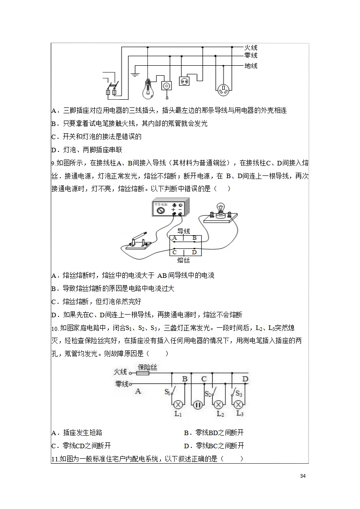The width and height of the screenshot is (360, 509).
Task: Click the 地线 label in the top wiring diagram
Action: click(x=251, y=66)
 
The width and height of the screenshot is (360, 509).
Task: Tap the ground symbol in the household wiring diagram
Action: click(x=135, y=74)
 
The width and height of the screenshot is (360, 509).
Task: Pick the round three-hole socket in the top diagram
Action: click(x=222, y=89)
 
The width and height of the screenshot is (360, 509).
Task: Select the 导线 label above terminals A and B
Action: click(x=183, y=231)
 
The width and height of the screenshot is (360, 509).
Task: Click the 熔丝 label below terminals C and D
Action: click(x=183, y=260)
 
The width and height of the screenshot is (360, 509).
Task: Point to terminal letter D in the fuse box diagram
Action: click(x=194, y=252)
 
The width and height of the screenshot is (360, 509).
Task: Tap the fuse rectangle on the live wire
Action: click(x=143, y=373)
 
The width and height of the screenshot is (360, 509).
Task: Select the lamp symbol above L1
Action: click(x=178, y=404)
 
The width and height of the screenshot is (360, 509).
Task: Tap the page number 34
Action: click(x=303, y=476)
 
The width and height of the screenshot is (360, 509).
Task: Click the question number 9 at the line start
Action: click(x=53, y=163)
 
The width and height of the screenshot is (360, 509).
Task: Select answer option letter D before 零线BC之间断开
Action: click(x=186, y=446)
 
